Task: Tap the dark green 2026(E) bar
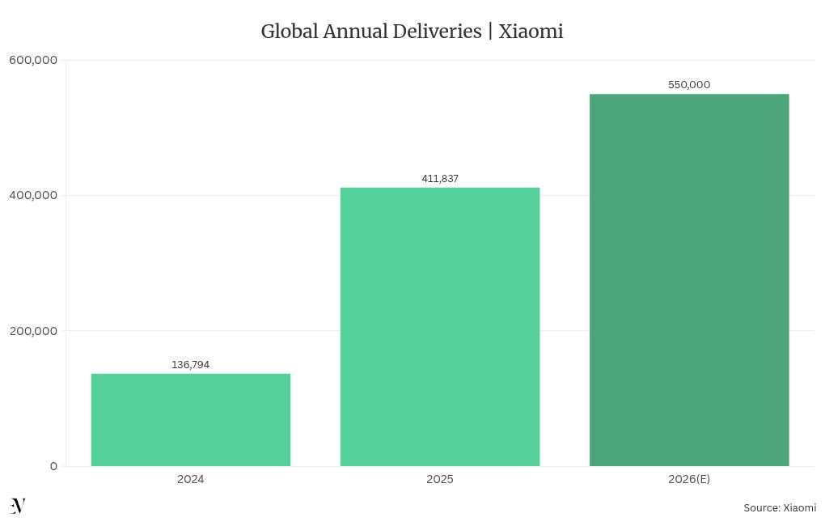click(688, 279)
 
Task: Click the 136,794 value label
click(190, 365)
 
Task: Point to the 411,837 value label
click(439, 179)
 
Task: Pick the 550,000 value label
click(688, 85)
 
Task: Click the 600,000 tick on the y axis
click(33, 59)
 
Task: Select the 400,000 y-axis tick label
click(33, 195)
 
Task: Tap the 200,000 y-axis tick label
click(33, 330)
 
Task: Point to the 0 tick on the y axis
click(53, 466)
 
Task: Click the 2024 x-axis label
click(190, 479)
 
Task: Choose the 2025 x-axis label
click(439, 479)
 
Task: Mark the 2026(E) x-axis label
click(688, 479)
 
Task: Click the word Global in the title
click(289, 32)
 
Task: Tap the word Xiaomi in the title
click(531, 32)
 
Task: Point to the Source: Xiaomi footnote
click(779, 508)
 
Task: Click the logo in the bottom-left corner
click(18, 507)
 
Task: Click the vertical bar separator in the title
click(490, 32)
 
